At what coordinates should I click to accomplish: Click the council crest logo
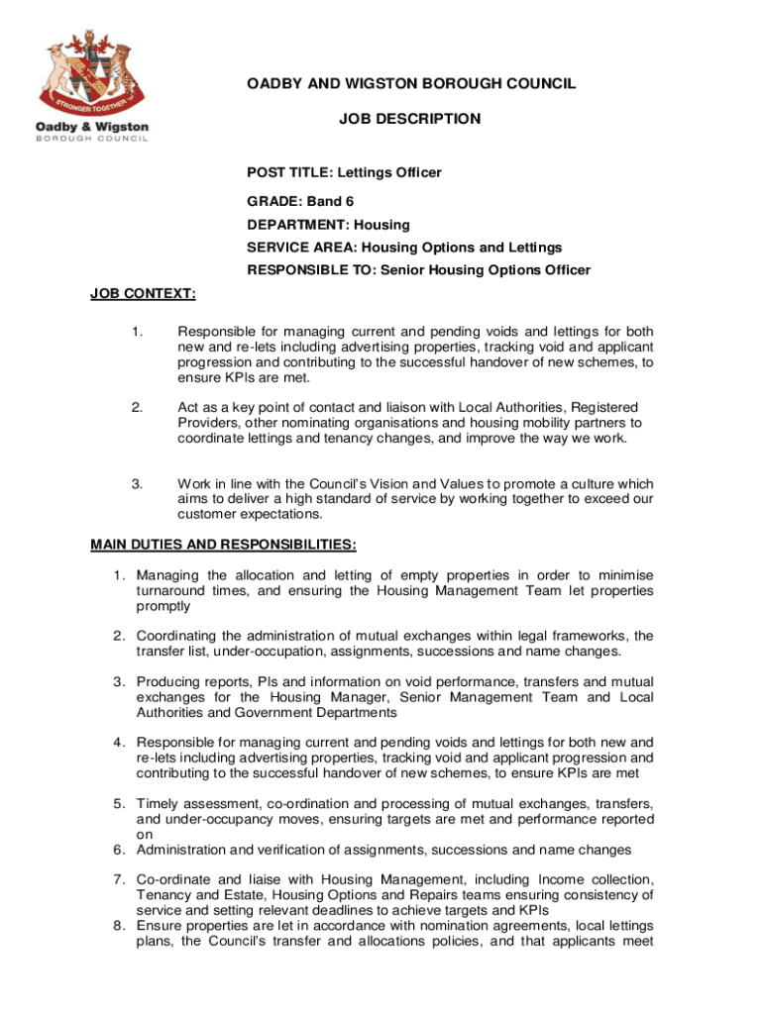(x=92, y=71)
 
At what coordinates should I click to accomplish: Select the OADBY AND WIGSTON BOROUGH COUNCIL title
(x=411, y=84)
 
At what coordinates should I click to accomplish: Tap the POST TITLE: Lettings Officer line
(x=344, y=172)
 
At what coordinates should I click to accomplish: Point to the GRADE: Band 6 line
(x=300, y=201)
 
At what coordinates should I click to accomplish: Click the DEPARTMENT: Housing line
(x=328, y=225)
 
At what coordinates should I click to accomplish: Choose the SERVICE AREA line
(x=404, y=248)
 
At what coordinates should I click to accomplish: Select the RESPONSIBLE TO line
(x=418, y=270)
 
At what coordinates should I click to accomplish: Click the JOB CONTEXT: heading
(x=143, y=293)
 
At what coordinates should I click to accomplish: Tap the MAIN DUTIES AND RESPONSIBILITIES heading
(x=224, y=545)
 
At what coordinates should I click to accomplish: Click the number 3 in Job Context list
(x=137, y=483)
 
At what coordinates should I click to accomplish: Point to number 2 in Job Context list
(x=137, y=407)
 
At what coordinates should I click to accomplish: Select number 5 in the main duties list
(x=118, y=803)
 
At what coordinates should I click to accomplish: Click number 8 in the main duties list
(x=118, y=926)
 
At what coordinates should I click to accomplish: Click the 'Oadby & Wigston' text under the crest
(x=92, y=127)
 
